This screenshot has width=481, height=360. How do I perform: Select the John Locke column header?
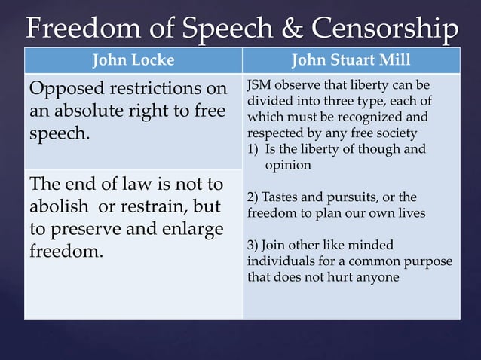tap(133, 61)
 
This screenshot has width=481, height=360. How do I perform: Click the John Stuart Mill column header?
tap(351, 61)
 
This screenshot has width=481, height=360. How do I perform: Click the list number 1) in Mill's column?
tap(254, 149)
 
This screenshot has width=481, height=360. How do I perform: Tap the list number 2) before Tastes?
tap(253, 197)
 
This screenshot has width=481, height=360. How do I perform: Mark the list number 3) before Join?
tap(253, 245)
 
